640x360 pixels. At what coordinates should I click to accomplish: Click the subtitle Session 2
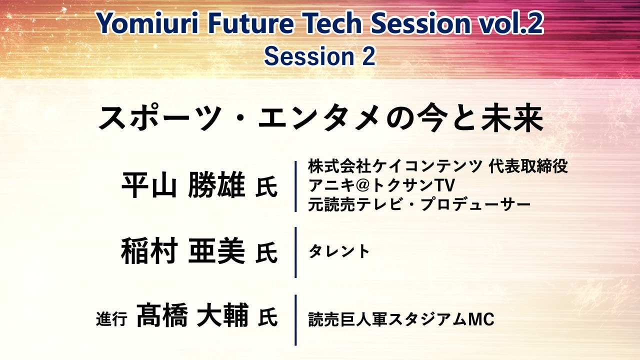pyautogui.click(x=319, y=56)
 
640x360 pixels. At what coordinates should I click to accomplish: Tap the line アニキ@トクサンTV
pyautogui.click(x=381, y=185)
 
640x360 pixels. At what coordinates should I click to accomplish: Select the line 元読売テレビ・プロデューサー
pyautogui.click(x=419, y=204)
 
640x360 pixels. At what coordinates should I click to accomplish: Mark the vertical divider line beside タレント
pyautogui.click(x=295, y=252)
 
